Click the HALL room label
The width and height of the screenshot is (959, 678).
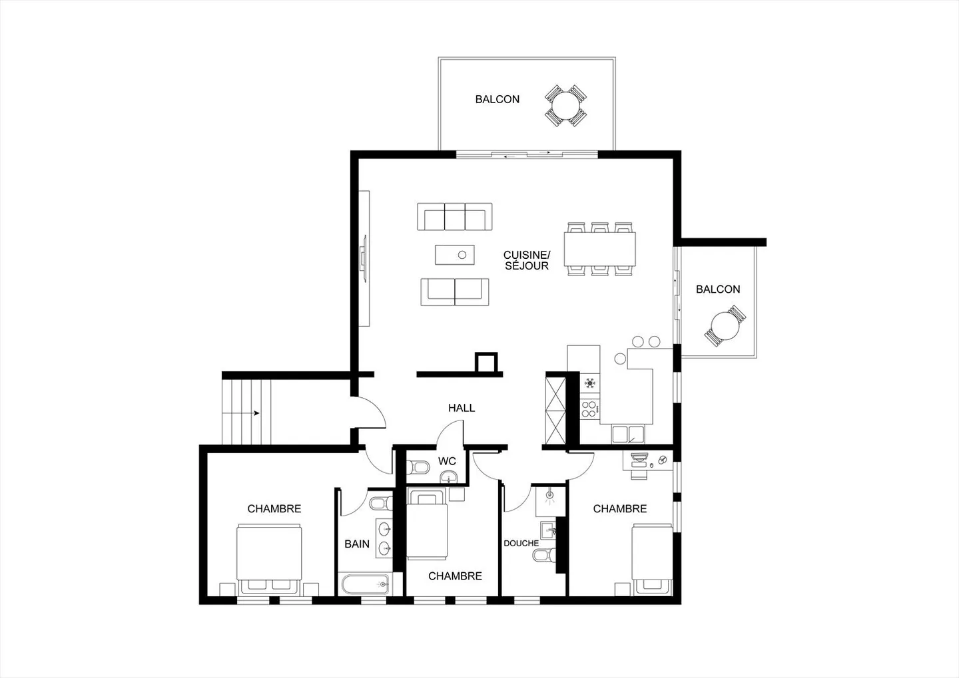click(x=462, y=408)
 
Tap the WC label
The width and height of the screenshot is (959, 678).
click(x=447, y=461)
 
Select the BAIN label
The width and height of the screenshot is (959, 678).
click(x=357, y=544)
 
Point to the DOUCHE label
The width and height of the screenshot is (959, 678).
click(x=521, y=543)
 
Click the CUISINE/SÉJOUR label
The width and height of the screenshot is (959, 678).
click(x=526, y=260)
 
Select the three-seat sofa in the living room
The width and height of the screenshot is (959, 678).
click(x=455, y=217)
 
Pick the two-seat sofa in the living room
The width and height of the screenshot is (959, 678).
click(x=455, y=292)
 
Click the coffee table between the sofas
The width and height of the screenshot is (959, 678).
click(x=455, y=254)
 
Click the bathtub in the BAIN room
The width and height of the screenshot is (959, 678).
click(x=365, y=585)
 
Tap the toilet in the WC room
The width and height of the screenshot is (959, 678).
click(x=418, y=467)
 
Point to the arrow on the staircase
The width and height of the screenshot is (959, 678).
click(x=256, y=413)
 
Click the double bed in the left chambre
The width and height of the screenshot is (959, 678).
click(x=270, y=558)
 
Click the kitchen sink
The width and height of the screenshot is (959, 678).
click(x=628, y=434)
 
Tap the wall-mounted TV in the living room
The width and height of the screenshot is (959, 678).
click(x=364, y=258)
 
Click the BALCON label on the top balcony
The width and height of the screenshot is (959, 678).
click(x=497, y=99)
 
